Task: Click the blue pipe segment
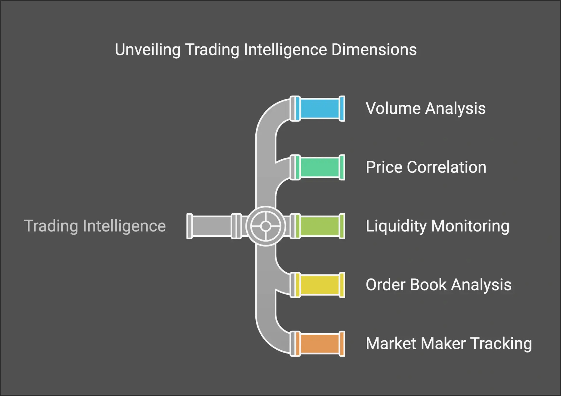320,109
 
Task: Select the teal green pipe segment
320,167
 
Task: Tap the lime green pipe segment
320,226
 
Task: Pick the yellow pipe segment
320,285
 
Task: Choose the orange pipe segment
320,344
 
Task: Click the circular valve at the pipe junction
266,226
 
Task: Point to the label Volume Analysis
425,109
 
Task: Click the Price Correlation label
426,167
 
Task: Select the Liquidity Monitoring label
437,226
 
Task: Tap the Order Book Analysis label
439,285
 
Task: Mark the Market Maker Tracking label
449,344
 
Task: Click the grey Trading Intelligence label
95,226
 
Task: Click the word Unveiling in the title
148,50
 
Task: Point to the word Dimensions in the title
374,50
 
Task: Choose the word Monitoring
470,226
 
